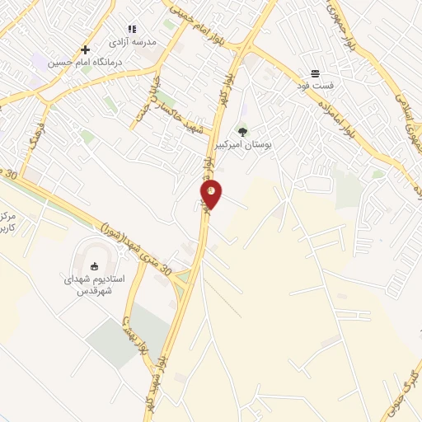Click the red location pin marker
pyautogui.click(x=212, y=193)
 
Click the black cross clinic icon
pyautogui.click(x=85, y=49)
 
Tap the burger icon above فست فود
pyautogui.click(x=315, y=73)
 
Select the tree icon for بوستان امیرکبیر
pyautogui.click(x=242, y=131)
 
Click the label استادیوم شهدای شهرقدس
pyautogui.click(x=94, y=284)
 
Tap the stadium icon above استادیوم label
pyautogui.click(x=93, y=266)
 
